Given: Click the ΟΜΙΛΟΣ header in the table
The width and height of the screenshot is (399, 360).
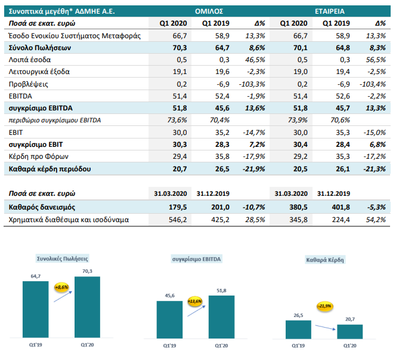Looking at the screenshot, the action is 209,11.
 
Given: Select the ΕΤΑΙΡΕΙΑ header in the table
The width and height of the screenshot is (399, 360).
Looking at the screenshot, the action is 330,11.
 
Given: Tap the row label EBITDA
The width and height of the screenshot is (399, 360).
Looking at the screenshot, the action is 20,96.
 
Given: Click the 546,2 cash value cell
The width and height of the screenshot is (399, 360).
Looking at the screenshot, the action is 178,220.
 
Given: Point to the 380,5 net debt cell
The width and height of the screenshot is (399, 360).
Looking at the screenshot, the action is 298,207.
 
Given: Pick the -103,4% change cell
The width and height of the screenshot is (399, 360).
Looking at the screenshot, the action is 373,84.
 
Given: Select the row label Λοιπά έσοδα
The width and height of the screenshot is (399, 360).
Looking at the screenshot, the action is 30,60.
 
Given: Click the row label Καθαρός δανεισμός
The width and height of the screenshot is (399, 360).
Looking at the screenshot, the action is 42,207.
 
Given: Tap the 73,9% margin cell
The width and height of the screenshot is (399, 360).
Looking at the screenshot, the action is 298,120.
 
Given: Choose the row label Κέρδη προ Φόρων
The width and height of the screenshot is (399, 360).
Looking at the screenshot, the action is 39,156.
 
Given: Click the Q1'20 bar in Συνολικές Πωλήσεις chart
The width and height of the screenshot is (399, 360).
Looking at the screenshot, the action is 87,307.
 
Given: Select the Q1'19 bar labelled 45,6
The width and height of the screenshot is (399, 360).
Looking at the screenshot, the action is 169,320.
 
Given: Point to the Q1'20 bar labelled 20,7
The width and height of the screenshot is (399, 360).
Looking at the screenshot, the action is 350,332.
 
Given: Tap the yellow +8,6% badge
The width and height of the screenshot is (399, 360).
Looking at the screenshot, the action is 61,287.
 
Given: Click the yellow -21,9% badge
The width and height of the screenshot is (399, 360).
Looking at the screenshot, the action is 325,306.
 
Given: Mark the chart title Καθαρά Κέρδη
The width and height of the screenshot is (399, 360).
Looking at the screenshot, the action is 325,260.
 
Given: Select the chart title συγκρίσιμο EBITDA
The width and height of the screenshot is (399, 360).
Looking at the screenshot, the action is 196,259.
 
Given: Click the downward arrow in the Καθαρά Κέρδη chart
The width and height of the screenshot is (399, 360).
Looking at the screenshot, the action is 325,327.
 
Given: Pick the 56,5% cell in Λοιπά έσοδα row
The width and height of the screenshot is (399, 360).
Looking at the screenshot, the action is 376,60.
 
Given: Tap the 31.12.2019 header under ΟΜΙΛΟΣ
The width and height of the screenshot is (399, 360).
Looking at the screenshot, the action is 213,193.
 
